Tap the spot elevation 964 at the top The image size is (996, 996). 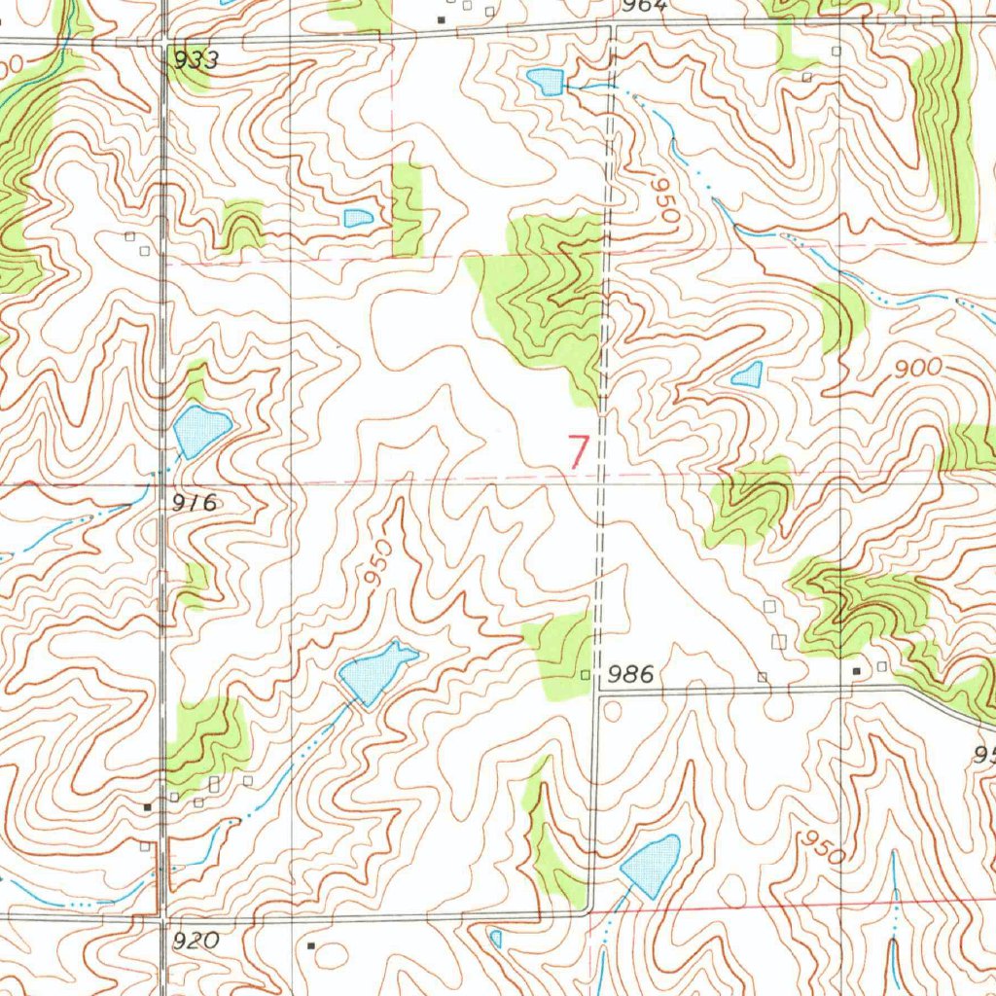(x=645, y=6)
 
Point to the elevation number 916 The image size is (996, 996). (x=196, y=503)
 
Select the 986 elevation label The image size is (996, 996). (x=628, y=673)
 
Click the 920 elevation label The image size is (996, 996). (x=198, y=941)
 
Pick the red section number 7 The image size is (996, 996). (x=578, y=453)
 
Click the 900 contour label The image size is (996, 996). (x=921, y=368)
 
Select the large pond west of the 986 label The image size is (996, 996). (x=375, y=672)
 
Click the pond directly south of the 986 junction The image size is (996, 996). (x=652, y=864)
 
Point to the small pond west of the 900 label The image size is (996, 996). (x=747, y=374)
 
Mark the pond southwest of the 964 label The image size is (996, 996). (x=546, y=82)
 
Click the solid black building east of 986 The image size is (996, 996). (x=857, y=671)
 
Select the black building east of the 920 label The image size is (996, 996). (x=311, y=944)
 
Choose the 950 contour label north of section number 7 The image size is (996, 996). (x=666, y=198)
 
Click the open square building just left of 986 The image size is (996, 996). (x=585, y=674)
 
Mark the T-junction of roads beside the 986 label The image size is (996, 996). (x=595, y=692)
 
